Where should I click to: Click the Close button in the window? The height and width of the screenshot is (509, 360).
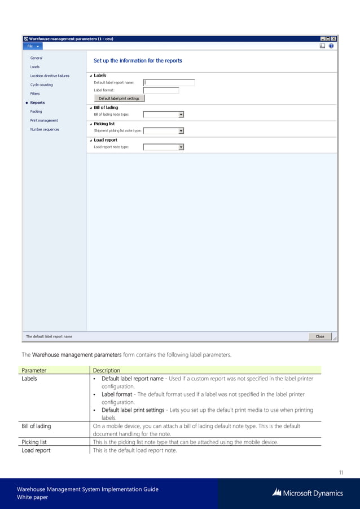319,336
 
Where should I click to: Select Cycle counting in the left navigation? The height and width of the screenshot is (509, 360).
42,85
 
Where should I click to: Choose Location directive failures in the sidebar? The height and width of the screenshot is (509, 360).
50,76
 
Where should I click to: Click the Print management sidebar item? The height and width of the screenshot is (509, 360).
44,120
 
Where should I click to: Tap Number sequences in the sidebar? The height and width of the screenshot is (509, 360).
45,129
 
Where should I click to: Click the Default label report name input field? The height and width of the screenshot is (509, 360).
169,82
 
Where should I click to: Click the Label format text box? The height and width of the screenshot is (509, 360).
161,90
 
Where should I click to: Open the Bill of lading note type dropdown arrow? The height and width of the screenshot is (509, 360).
181,115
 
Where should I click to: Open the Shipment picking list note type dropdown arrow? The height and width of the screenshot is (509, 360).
181,131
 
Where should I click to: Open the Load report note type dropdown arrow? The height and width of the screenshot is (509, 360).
181,147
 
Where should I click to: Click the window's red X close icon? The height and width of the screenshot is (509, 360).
333,38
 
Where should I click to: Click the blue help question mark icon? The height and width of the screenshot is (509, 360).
331,46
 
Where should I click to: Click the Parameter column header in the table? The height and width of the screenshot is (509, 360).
34,370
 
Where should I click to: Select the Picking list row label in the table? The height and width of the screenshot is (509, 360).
34,442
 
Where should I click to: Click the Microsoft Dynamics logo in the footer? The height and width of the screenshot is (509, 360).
307,493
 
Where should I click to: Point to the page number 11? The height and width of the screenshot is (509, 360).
340,472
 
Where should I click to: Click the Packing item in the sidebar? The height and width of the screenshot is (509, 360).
36,111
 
